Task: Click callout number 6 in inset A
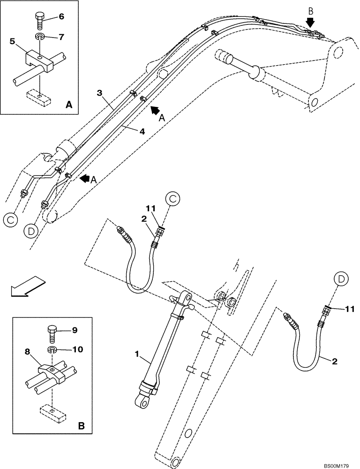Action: click(61, 16)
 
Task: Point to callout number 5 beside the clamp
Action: click(13, 41)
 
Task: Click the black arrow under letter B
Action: click(310, 22)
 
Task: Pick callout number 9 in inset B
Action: click(75, 330)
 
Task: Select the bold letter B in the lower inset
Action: click(82, 426)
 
